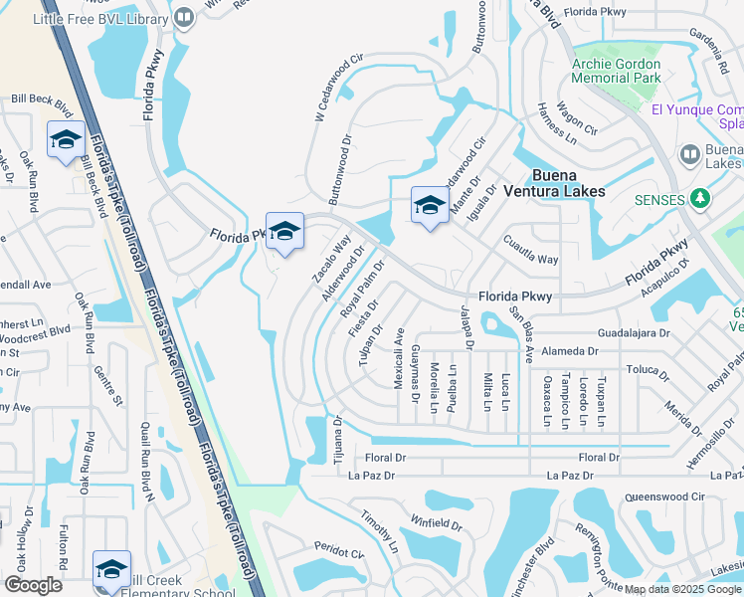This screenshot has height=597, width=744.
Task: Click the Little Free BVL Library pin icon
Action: tap(184, 18)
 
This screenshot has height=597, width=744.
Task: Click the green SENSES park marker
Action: tap(701, 199)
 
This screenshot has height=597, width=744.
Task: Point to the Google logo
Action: tap(34, 584)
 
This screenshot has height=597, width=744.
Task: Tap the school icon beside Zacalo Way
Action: tap(284, 232)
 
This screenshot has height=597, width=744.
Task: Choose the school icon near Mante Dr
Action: tap(430, 205)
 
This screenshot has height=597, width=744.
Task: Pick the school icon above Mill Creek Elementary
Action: tap(111, 568)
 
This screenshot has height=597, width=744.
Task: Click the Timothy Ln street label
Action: tap(379, 533)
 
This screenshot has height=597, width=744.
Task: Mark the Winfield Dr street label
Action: tap(436, 521)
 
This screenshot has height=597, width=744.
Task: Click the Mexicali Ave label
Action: tap(398, 358)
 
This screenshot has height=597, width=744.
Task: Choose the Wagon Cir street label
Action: tap(577, 116)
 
